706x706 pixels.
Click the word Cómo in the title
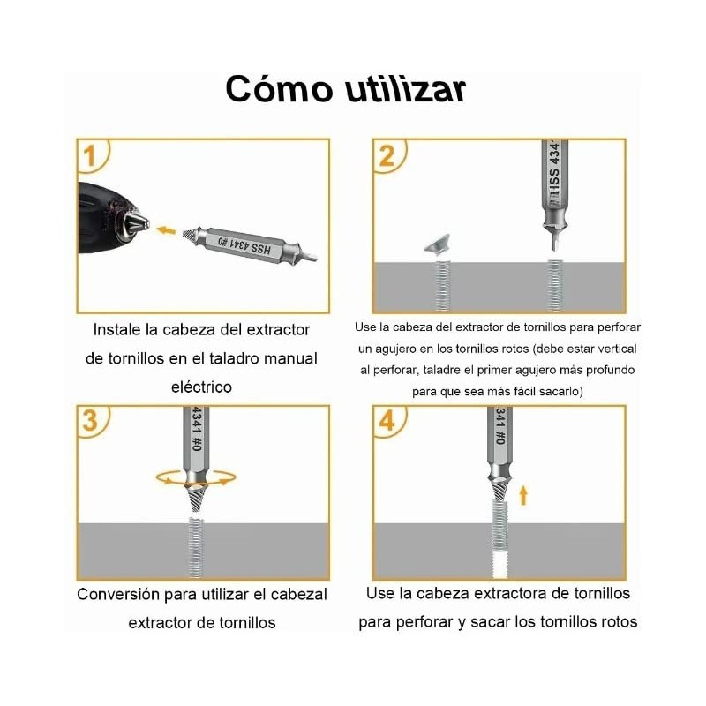coord(275,89)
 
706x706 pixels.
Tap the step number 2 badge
coord(387,158)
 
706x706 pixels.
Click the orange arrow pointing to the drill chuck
coord(166,230)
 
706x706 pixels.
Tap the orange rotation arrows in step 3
coord(196,477)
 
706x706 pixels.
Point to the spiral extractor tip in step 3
coord(195,504)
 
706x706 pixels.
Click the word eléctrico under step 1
coord(201,387)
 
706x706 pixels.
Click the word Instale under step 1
coord(119,329)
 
